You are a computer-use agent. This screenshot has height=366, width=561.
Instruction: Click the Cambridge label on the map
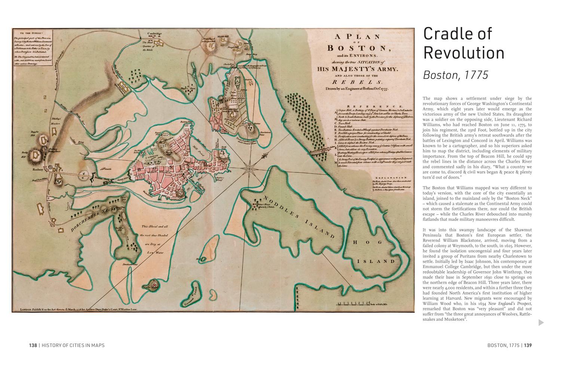(x=154, y=34)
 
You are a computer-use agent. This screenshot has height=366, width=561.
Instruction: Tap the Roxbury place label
(x=39, y=169)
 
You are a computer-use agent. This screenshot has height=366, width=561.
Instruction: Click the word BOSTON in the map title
(x=357, y=48)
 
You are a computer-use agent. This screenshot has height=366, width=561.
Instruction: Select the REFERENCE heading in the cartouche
(x=375, y=107)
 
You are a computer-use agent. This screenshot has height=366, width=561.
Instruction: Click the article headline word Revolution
(x=463, y=53)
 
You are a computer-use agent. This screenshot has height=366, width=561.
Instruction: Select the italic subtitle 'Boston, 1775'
(x=455, y=75)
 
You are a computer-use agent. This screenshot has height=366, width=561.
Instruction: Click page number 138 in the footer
(x=33, y=345)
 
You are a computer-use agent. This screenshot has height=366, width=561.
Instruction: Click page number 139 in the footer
(x=527, y=345)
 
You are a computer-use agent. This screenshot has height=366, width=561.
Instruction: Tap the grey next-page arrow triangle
(x=541, y=322)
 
